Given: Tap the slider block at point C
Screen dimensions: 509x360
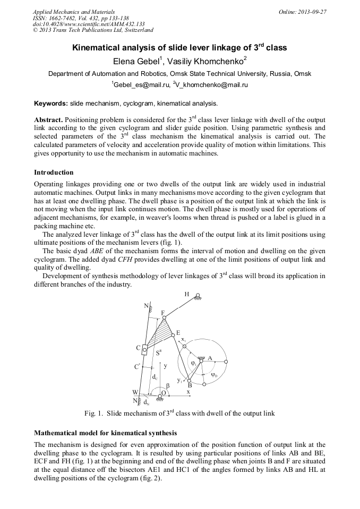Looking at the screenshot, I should click(144, 349).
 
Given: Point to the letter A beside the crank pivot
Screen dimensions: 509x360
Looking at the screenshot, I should click(210, 358).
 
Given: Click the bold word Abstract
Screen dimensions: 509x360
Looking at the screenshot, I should click(48, 120).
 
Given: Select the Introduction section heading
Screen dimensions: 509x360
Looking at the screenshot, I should click(54, 172).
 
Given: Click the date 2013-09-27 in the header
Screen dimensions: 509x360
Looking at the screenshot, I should click(312, 12).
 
